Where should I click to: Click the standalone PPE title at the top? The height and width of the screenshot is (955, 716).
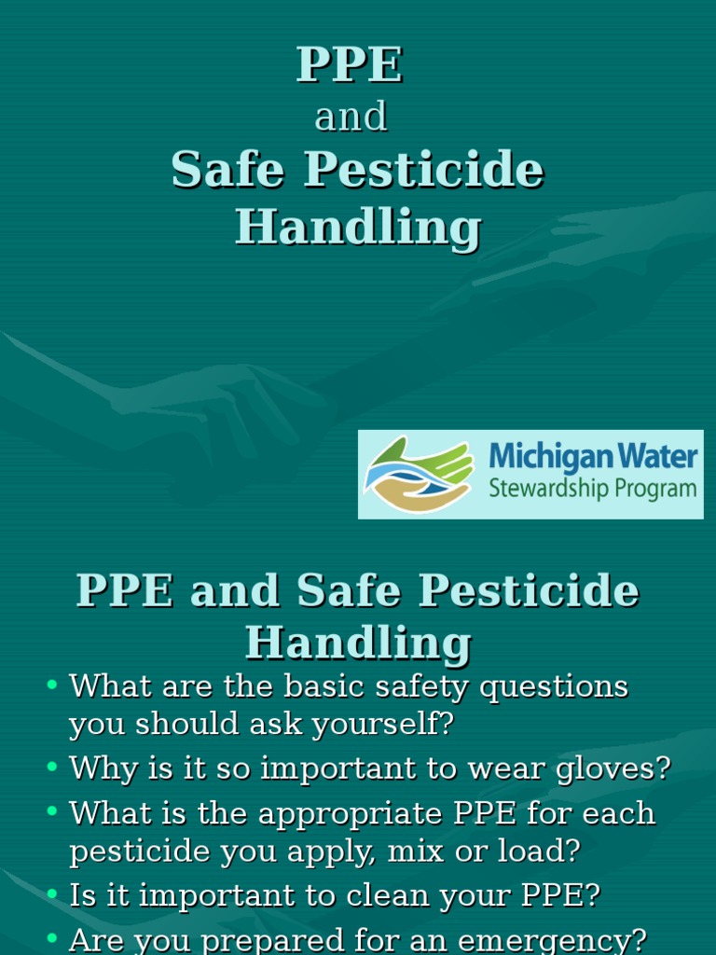pyautogui.click(x=350, y=65)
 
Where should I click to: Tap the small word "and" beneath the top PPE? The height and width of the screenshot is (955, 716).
pyautogui.click(x=351, y=118)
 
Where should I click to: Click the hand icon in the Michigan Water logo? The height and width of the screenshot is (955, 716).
pyautogui.click(x=418, y=475)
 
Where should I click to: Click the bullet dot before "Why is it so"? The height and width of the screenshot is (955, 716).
pyautogui.click(x=52, y=768)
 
